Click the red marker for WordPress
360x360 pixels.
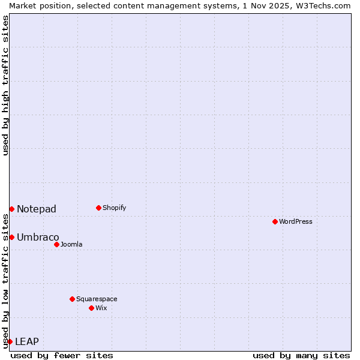tap(275, 221)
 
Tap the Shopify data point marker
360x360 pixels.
tap(98, 208)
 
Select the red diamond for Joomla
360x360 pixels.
tap(56, 244)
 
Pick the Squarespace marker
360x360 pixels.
tap(72, 299)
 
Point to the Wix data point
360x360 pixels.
tap(91, 308)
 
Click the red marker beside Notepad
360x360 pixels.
tap(11, 209)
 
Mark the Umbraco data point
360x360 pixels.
tap(11, 237)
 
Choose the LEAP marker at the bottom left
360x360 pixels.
tap(10, 341)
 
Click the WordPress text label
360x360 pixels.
tap(296, 221)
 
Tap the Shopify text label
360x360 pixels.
tap(115, 208)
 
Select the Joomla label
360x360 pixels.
tap(71, 244)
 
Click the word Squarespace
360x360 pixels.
tap(97, 299)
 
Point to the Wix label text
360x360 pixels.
tap(101, 308)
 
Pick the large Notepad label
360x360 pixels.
tap(37, 209)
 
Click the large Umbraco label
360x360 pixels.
tap(38, 237)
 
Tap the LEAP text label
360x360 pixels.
tap(27, 341)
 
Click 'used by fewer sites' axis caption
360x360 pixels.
tap(62, 355)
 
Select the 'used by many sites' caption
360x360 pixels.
tap(301, 355)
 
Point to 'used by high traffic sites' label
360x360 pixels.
tap(5, 85)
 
